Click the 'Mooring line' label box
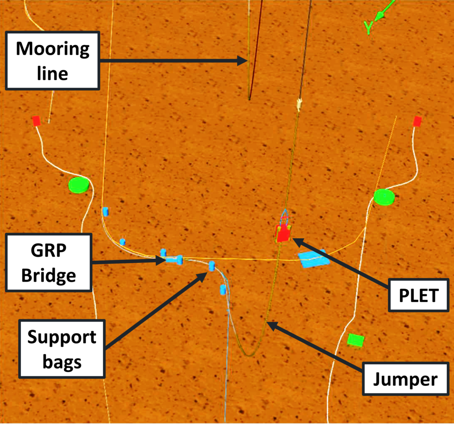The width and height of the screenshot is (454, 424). coord(52,61)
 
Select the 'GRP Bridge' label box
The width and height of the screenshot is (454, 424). coord(48,263)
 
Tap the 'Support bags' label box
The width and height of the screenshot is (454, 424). coord(62,349)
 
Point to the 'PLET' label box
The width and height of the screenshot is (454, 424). coord(419,295)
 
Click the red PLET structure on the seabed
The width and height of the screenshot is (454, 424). coord(283,233)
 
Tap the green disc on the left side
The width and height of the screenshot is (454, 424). coord(79,185)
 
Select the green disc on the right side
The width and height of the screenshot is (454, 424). coord(384,197)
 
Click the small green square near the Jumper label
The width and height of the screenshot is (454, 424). coord(356,340)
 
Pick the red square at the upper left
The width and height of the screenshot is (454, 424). coord(36,121)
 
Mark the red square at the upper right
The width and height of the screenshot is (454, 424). coord(417,121)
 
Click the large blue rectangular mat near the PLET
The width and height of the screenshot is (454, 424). coord(312,258)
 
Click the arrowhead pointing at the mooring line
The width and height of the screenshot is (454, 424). coord(244,60)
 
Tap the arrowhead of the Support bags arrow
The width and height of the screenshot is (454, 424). coord(204,274)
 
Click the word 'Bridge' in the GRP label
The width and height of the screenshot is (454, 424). coord(48,275)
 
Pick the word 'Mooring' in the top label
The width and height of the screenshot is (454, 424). coord(52,49)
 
